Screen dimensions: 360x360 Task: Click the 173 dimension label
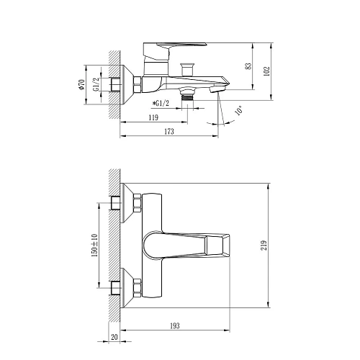[169, 132]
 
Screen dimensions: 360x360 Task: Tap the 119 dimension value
[153, 117]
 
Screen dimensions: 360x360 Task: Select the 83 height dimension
[248, 66]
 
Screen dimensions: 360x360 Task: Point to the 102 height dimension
[266, 71]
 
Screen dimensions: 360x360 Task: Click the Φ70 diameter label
[82, 84]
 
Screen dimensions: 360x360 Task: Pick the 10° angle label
[239, 111]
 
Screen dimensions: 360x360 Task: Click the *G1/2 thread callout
[161, 103]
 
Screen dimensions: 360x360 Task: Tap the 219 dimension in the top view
[264, 246]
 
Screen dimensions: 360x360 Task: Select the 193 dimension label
[174, 325]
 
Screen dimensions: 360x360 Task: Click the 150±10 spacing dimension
[94, 246]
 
